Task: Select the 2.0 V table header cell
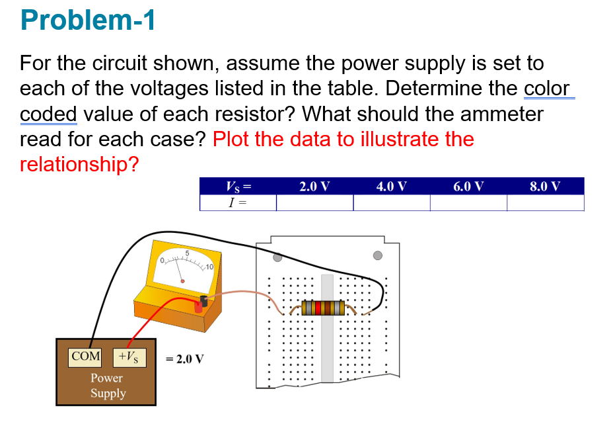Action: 314,186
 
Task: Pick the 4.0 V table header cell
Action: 391,186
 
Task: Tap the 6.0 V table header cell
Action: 468,186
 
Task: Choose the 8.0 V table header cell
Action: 546,186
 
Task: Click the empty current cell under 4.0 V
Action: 391,202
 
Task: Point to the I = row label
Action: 237,202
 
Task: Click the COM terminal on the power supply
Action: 86,357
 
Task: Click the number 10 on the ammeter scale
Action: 208,267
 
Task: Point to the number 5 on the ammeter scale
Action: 187,253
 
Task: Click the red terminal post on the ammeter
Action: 198,308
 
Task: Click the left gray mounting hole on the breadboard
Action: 277,256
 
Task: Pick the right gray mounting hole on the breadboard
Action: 378,255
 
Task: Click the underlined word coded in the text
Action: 48,113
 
